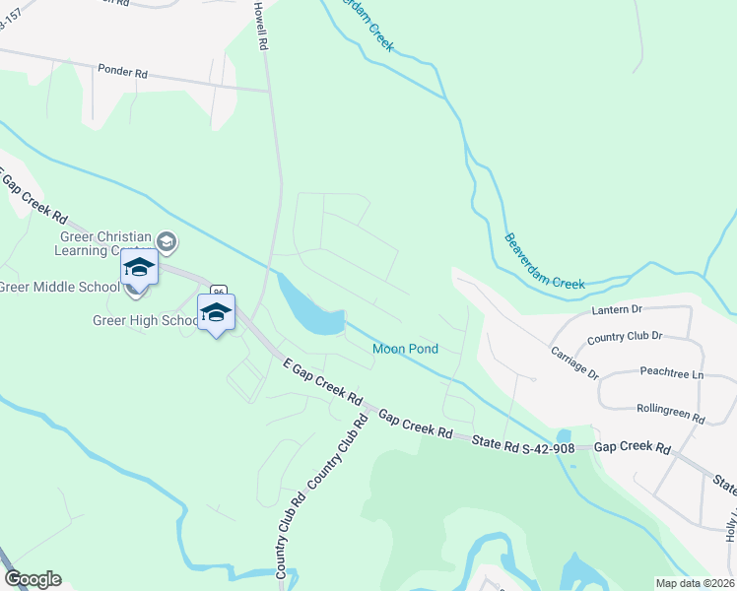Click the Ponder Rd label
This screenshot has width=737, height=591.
click(x=122, y=72)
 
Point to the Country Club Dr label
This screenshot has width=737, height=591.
click(x=626, y=337)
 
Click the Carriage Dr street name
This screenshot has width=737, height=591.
click(x=575, y=363)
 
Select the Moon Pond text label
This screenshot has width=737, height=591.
click(x=405, y=349)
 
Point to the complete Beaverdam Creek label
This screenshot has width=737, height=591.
click(x=545, y=261)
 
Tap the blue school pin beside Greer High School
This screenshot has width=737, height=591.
click(x=216, y=312)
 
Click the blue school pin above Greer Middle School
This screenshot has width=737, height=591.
click(x=139, y=269)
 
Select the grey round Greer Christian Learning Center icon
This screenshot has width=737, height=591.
click(x=167, y=241)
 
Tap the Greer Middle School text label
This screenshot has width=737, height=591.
click(x=57, y=288)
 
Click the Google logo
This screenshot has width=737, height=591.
click(x=33, y=579)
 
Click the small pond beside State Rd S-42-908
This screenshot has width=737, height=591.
click(x=563, y=435)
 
